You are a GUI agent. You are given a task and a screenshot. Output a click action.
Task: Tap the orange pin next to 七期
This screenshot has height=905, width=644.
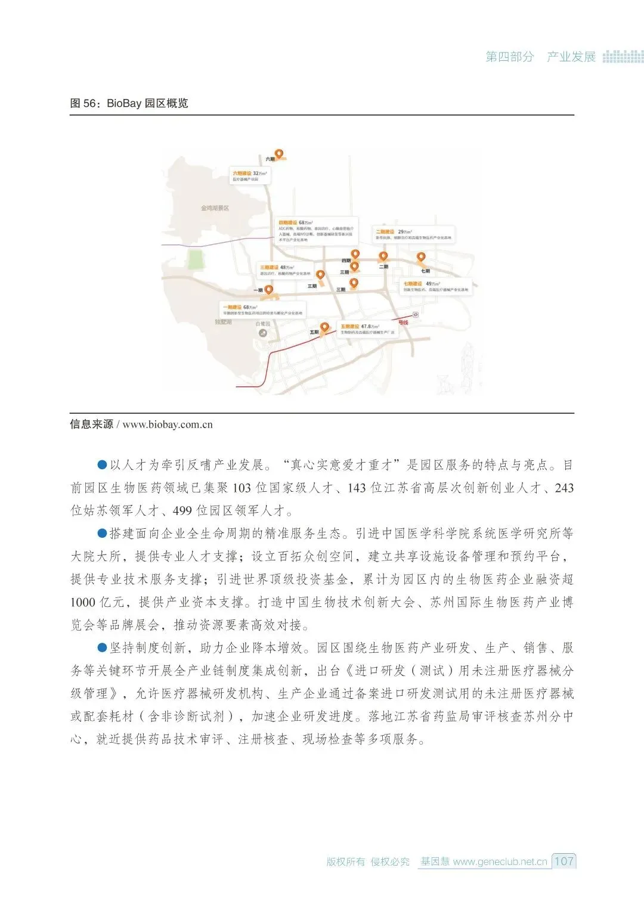[x=421, y=258]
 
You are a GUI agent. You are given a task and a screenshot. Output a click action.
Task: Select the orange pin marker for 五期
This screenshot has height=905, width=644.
[x=325, y=327]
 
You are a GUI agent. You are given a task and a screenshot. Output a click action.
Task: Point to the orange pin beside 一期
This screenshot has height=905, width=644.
[x=269, y=290]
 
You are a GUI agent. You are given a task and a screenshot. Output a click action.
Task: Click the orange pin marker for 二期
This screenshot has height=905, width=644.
[x=383, y=257]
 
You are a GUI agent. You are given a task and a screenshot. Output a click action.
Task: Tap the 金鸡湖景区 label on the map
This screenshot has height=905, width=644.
[x=215, y=208]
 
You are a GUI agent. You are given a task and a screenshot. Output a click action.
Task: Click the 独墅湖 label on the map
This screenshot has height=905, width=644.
[x=223, y=322]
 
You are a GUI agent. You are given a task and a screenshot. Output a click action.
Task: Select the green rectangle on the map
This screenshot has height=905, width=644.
[x=194, y=259]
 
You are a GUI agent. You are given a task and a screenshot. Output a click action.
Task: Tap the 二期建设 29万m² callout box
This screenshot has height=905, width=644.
[x=413, y=234]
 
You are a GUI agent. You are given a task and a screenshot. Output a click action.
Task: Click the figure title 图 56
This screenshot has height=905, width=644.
[x=129, y=103]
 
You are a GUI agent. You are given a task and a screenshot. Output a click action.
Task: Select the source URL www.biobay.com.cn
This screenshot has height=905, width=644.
[x=168, y=424]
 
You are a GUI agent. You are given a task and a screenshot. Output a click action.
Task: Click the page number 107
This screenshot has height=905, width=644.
[x=563, y=861]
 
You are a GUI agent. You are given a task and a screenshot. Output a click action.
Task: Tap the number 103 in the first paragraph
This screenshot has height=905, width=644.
[x=241, y=488]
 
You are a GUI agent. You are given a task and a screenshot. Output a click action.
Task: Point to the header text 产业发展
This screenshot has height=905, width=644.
[x=571, y=57]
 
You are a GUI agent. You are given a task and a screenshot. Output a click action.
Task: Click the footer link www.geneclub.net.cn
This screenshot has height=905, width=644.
[x=500, y=861]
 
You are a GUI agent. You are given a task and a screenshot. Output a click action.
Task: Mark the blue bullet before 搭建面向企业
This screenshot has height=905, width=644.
[x=102, y=533]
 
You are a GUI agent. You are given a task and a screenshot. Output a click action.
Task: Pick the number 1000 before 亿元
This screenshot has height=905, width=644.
[x=83, y=602]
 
